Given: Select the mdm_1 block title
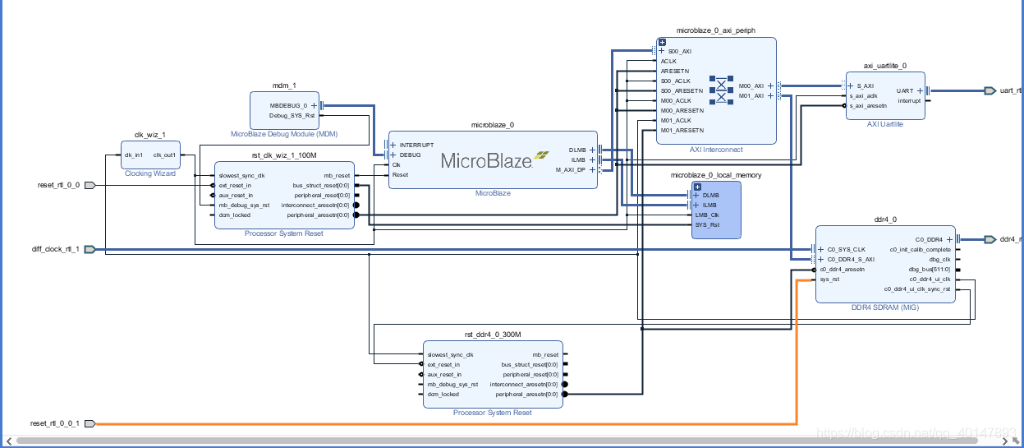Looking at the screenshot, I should point(284,85).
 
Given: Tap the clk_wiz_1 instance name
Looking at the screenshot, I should point(149,135).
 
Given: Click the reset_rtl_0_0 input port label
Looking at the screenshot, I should point(58,185).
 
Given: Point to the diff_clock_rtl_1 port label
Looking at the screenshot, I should point(55,249).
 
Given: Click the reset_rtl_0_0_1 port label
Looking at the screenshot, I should point(55,423).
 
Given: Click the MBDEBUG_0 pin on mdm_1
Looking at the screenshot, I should point(288,105).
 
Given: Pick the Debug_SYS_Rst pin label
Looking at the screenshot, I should point(292,115).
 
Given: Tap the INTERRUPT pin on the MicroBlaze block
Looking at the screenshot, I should point(416,145).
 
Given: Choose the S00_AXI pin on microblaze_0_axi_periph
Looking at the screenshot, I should point(679,51).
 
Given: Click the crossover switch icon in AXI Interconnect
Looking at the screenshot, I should point(721,90).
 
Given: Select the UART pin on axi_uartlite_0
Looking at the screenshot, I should point(904,90).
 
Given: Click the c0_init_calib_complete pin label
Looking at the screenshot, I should point(920,250).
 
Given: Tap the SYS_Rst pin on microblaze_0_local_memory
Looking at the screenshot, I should point(707,224).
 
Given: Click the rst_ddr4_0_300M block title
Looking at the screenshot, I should point(493,334).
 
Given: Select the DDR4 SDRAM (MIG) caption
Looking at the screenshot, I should point(885,307).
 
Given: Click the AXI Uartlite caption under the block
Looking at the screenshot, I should point(884,124).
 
